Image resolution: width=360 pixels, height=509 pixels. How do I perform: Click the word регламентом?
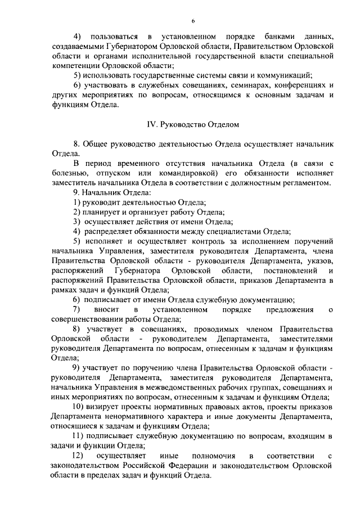[302, 182]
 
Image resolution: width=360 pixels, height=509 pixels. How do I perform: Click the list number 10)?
[79, 408]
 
